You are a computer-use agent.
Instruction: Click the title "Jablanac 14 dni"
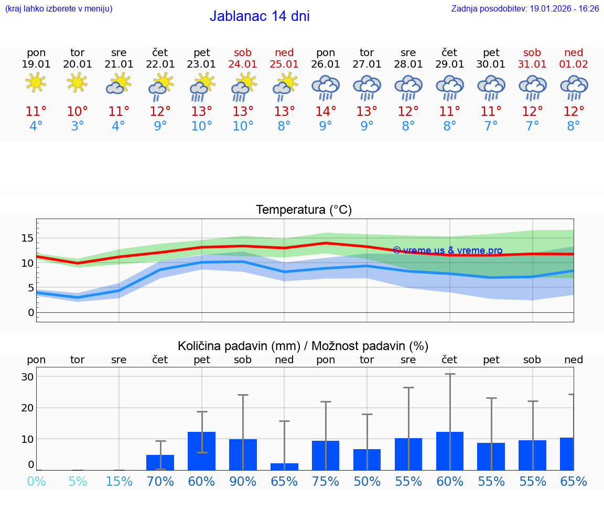tap(260, 16)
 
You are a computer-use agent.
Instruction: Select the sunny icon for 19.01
tap(36, 82)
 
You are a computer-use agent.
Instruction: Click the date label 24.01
tap(243, 64)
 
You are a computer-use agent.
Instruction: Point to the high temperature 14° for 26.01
tap(326, 111)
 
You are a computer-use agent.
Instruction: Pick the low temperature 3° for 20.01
tap(78, 126)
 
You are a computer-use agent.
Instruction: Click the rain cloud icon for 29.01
tap(449, 86)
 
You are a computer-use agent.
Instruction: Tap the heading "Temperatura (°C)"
tap(304, 210)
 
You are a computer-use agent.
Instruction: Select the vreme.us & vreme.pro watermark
tap(447, 251)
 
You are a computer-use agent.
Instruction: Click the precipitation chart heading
tap(303, 346)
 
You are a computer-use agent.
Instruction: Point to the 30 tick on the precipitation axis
tap(27, 377)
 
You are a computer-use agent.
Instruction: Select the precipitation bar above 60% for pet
tap(202, 451)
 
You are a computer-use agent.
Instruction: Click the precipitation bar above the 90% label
tap(243, 454)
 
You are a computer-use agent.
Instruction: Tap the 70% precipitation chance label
tap(160, 481)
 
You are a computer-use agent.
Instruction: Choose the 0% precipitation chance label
tap(36, 481)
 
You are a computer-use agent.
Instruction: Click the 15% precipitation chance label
tap(119, 481)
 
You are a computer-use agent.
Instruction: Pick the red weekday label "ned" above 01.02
tap(574, 52)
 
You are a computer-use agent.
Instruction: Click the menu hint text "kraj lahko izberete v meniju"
tap(59, 9)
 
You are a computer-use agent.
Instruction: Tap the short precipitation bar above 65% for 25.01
tap(284, 466)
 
